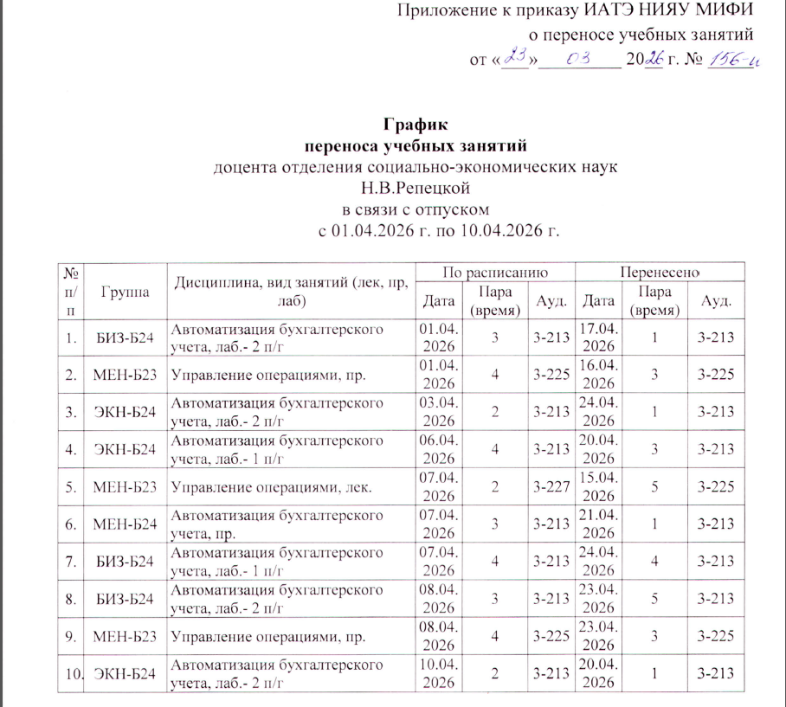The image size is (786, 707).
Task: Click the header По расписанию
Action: pyautogui.click(x=495, y=272)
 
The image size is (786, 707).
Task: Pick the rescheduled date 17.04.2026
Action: pyautogui.click(x=598, y=336)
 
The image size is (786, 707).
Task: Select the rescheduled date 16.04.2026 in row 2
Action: pyautogui.click(x=598, y=376)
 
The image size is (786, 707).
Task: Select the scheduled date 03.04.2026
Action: pyautogui.click(x=440, y=413)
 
